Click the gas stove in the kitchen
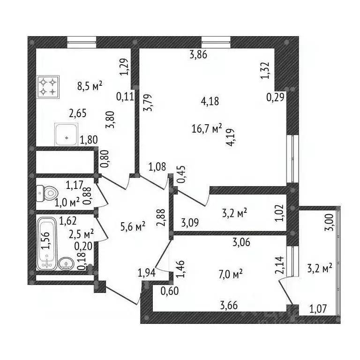48,87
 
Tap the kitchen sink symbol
67,135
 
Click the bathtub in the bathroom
47,243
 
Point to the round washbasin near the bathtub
67,263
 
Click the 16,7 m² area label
207,128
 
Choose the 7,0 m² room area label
231,274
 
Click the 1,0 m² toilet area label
67,202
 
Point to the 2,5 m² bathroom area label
81,234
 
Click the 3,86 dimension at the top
198,55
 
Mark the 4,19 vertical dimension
230,137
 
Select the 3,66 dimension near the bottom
229,305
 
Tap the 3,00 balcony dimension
329,222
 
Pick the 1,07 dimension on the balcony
318,309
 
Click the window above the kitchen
82,42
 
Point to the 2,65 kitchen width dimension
78,113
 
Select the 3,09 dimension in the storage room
190,223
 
